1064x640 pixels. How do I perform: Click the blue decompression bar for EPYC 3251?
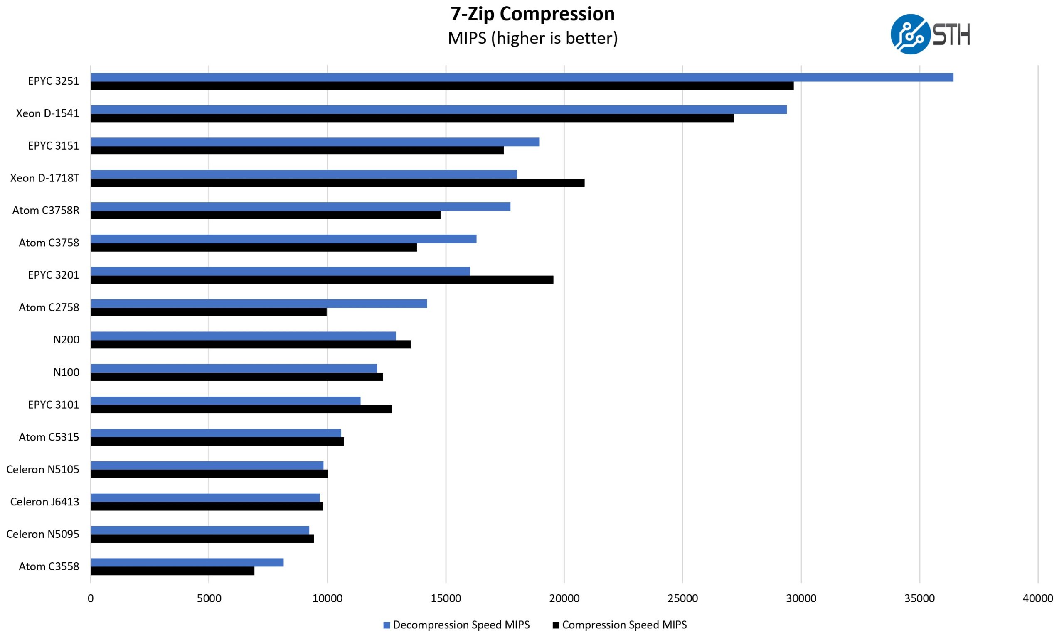click(x=522, y=77)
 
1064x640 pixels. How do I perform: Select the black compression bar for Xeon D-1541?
click(x=412, y=118)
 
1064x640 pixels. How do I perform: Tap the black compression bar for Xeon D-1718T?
click(x=337, y=183)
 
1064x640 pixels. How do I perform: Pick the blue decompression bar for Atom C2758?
click(x=259, y=304)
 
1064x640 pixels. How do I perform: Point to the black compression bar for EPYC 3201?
click(x=322, y=280)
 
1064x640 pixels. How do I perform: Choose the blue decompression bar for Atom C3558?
click(x=187, y=562)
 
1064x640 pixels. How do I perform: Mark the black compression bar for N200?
click(x=250, y=345)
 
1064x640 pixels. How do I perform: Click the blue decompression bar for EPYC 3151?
click(x=315, y=142)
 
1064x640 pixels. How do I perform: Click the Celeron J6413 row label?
click(x=45, y=502)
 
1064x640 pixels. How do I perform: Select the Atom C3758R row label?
click(x=46, y=211)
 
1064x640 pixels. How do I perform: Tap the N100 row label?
click(x=66, y=372)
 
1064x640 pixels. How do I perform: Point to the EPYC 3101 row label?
click(x=54, y=405)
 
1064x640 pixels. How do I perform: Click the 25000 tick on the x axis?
click(x=682, y=598)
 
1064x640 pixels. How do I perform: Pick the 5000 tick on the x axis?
click(x=209, y=598)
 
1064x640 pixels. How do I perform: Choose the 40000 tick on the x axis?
click(x=1038, y=598)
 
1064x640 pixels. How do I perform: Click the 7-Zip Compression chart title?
click(x=532, y=14)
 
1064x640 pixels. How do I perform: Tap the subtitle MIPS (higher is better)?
click(x=532, y=38)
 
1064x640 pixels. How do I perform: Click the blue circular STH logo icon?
click(x=910, y=34)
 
